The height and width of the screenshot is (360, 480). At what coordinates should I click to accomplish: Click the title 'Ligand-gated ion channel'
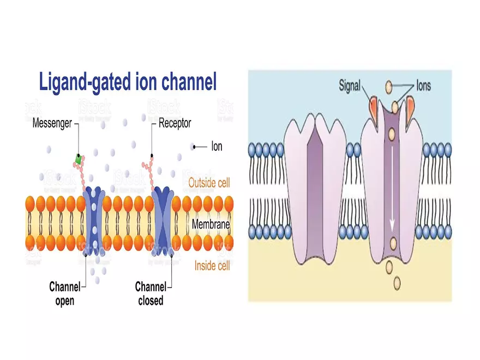[x=128, y=82]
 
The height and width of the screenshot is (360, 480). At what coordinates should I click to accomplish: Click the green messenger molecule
[x=79, y=159]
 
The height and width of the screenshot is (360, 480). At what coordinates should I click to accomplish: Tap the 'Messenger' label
[x=52, y=123]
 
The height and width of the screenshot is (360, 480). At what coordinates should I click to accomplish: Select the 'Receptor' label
[x=175, y=123]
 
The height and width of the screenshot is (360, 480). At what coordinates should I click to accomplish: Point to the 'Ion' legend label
[x=217, y=146]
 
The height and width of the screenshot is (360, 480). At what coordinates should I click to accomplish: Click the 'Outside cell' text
[x=209, y=183]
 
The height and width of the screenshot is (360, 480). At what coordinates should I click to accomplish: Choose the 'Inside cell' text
[x=212, y=266]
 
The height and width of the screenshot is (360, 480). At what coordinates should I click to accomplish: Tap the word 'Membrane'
[x=211, y=224]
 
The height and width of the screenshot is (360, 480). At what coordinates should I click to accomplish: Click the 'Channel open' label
[x=64, y=293]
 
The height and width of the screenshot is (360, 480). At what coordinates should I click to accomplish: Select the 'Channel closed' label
[x=149, y=293]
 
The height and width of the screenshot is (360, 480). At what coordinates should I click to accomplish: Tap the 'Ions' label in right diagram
[x=423, y=86]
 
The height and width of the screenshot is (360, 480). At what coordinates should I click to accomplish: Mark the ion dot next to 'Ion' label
[x=193, y=146]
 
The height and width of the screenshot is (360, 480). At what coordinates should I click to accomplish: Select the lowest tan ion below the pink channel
[x=397, y=283]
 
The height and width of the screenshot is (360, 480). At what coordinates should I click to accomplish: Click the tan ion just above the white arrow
[x=392, y=133]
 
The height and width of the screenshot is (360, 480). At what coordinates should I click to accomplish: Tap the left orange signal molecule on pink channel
[x=374, y=106]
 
